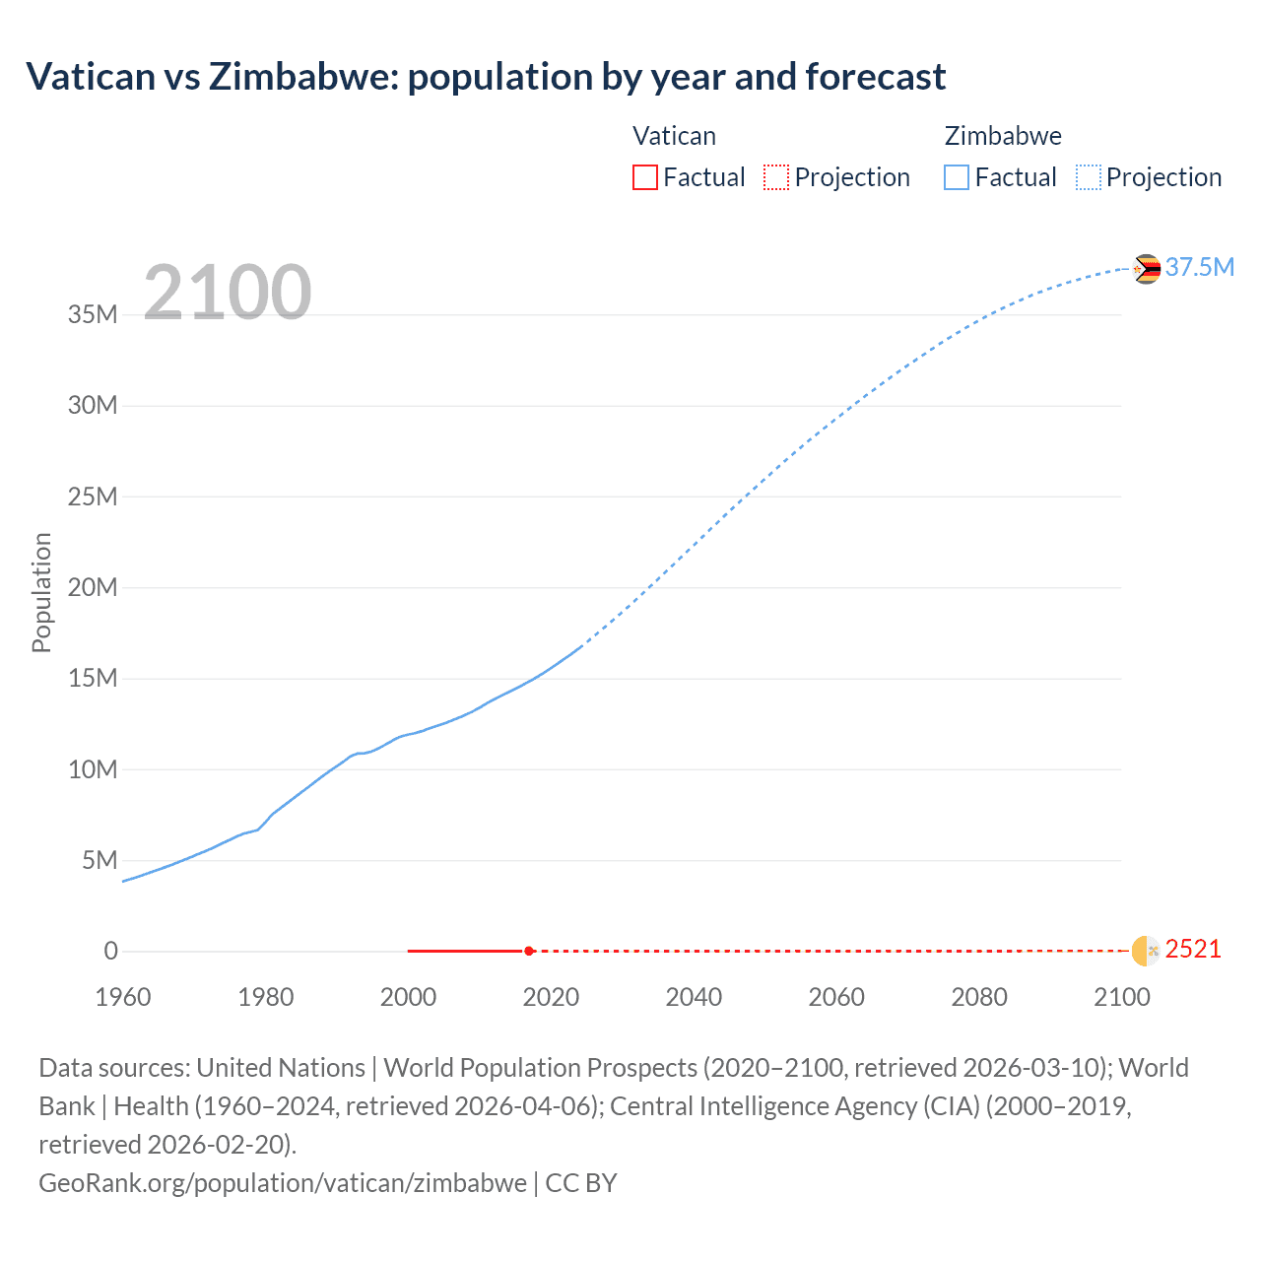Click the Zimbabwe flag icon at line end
[x=1146, y=268]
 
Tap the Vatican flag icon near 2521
[x=1146, y=951]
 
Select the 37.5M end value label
[x=1199, y=268]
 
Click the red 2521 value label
[x=1193, y=950]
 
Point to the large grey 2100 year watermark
[x=228, y=293]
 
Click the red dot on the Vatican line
[x=529, y=951]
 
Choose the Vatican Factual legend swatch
[x=644, y=177]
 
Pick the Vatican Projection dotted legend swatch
[x=776, y=177]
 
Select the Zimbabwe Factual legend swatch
[x=957, y=177]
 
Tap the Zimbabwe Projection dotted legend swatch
[x=1089, y=177]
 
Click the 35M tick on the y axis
[x=93, y=315]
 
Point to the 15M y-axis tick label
[x=93, y=679]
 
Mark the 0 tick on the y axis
[x=110, y=952]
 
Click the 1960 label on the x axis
[x=123, y=997]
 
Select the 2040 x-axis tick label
[x=694, y=997]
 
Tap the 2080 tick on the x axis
[x=979, y=997]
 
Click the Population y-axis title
[x=41, y=592]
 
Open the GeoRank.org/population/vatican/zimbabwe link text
[x=282, y=1182]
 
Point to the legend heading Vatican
[x=674, y=136]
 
